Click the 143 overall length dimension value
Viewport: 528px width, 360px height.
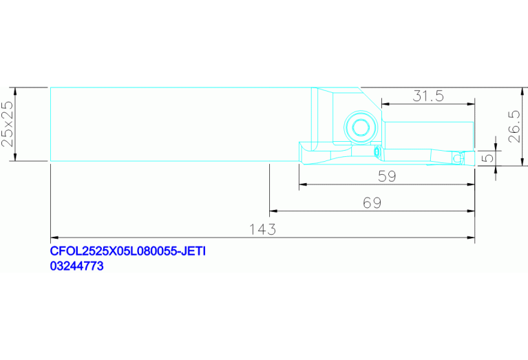(262, 230)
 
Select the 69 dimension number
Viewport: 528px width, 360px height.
(372, 203)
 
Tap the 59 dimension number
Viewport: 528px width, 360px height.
(387, 176)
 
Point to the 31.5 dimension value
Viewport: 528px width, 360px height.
(428, 96)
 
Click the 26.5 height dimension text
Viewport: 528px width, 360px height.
(514, 127)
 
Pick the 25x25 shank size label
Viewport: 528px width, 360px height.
(8, 124)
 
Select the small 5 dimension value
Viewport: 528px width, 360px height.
(488, 158)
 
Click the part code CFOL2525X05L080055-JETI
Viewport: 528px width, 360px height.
(127, 251)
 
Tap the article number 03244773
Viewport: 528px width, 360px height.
(77, 266)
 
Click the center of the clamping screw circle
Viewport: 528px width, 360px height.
(361, 127)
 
